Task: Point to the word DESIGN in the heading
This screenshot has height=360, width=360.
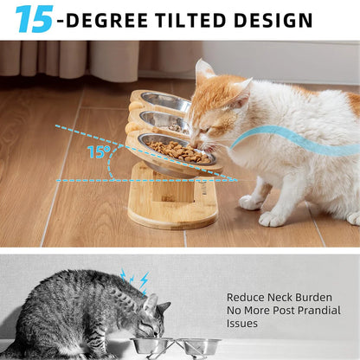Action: [274, 20]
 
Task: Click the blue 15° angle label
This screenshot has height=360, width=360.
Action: [98, 152]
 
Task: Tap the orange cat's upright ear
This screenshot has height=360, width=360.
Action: [205, 73]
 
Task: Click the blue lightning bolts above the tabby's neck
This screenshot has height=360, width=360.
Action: [135, 278]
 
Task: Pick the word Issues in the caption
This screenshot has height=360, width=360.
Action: [243, 324]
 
